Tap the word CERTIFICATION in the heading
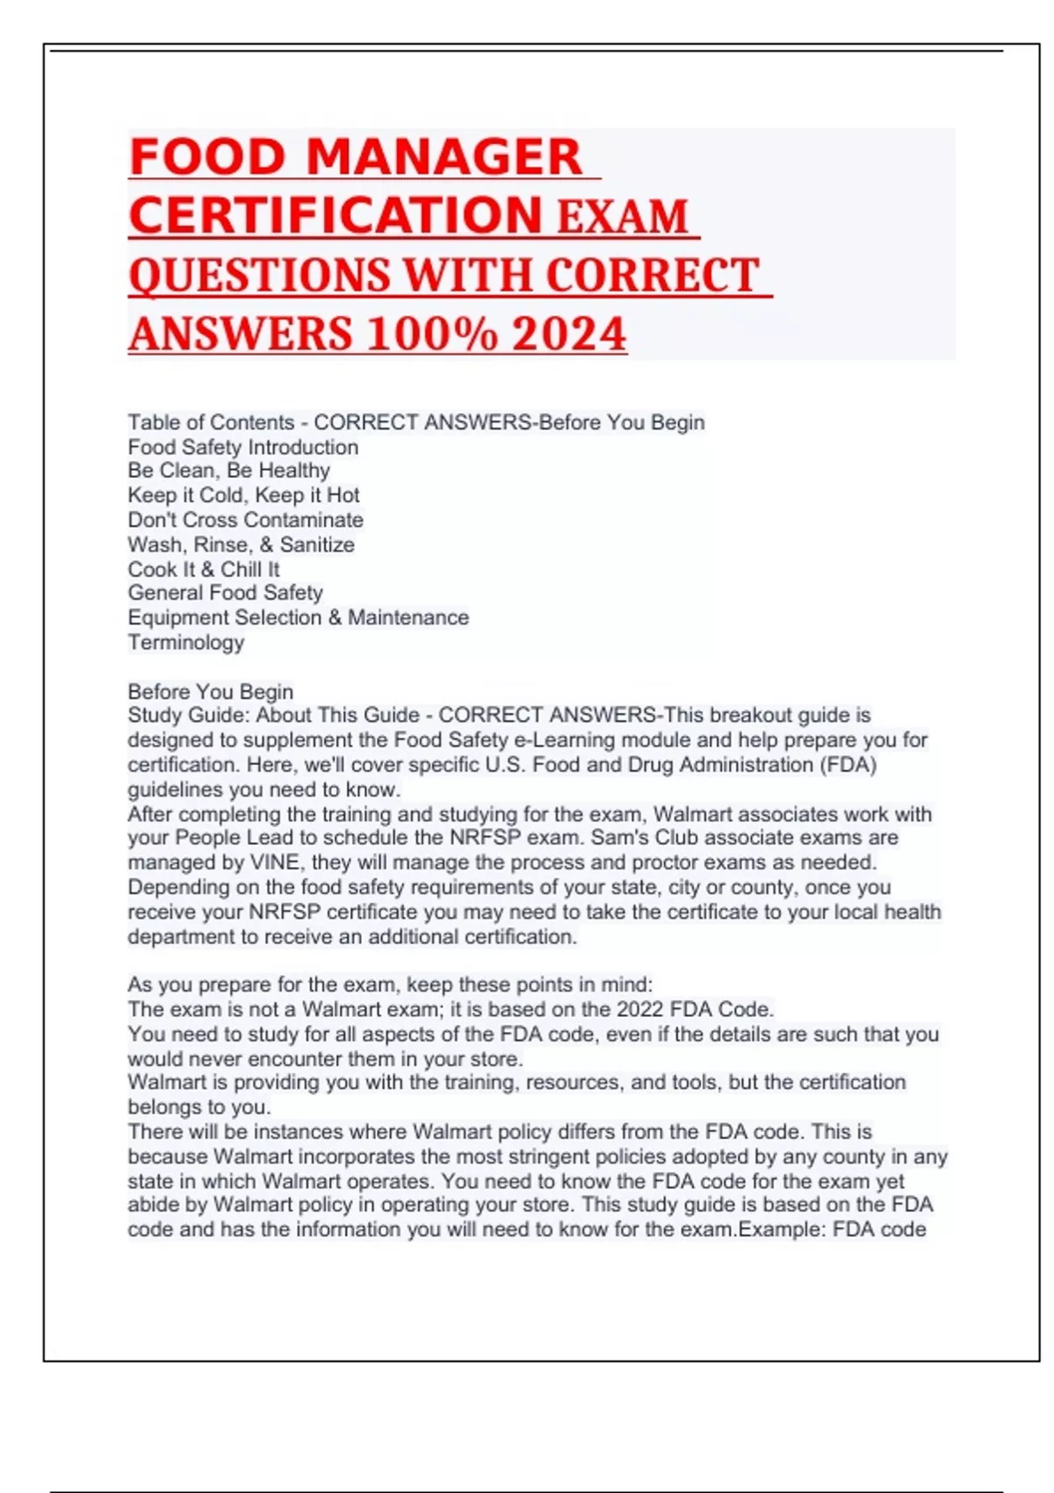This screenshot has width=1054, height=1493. pos(336,216)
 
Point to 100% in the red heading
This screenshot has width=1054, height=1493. pos(432,335)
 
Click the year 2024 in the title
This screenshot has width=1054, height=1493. pos(569,335)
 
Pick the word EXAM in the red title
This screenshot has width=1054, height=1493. pos(623,217)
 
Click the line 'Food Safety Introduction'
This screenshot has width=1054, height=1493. pos(243,447)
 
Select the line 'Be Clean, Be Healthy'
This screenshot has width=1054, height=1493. pos(228,471)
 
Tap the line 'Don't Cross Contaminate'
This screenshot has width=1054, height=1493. pos(245,520)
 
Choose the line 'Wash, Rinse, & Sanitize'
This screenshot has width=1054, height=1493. pos(241,545)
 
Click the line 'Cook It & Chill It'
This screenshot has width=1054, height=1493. pos(204,569)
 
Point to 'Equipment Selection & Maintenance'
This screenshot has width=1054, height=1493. pos(298,617)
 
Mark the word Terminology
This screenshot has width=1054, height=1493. pos(186,642)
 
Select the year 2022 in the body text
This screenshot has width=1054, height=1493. pos(640,1009)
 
